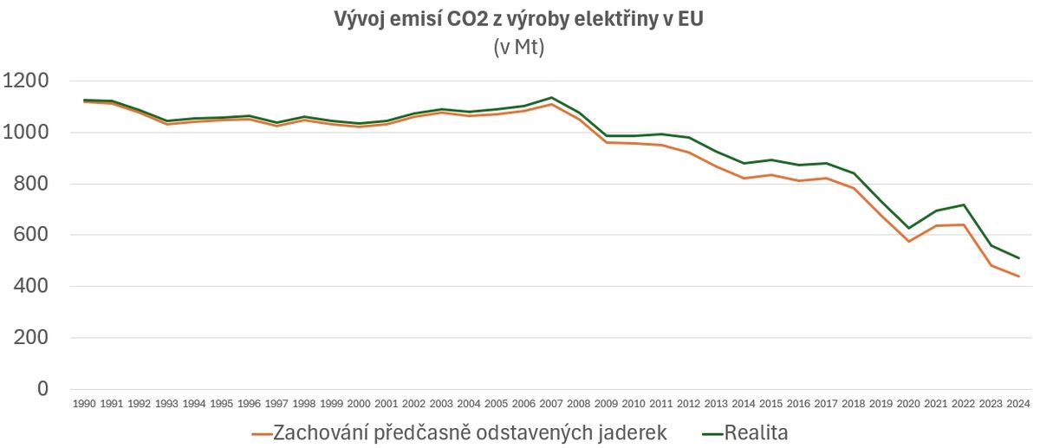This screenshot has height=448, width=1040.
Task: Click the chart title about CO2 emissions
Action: tap(518, 20)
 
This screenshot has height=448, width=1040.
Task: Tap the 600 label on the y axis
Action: tap(31, 235)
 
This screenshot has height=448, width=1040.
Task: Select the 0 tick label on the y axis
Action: tap(42, 389)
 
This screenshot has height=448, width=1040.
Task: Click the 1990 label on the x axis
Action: tap(84, 404)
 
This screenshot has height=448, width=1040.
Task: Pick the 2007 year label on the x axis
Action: tap(551, 404)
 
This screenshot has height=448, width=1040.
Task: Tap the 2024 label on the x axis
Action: tap(1017, 404)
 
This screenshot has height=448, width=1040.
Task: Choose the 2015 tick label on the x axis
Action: tap(770, 404)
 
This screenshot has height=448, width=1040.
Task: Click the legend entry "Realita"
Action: tap(744, 432)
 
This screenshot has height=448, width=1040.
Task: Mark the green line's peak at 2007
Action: tap(551, 98)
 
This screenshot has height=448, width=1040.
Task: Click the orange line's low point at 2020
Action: tap(908, 241)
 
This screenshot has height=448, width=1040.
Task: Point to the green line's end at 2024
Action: tap(1018, 258)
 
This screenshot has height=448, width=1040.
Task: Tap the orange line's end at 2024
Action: tap(1018, 276)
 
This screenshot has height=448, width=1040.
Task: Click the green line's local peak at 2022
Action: tap(963, 205)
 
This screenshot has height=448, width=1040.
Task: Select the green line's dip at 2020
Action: tap(908, 228)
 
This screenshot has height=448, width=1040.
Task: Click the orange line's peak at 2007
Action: tap(551, 104)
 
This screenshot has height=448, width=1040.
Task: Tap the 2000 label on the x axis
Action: tap(359, 404)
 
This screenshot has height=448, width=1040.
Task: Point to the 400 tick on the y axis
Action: tap(31, 286)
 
